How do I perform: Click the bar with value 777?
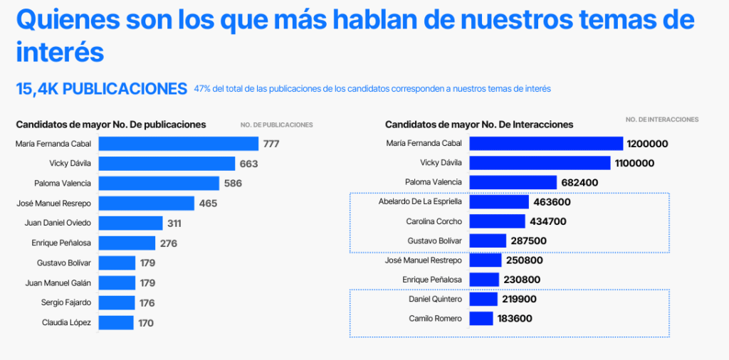[x=178, y=144]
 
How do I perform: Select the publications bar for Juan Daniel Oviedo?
[x=130, y=223]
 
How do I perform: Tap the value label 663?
[x=248, y=164]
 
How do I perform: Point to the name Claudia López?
[x=66, y=323]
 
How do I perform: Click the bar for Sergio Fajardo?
[x=116, y=303]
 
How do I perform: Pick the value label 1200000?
[x=647, y=144]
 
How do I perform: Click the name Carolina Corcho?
[x=434, y=221]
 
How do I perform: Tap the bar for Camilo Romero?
[x=481, y=319]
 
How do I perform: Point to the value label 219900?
[x=519, y=300]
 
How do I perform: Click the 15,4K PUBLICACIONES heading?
[x=101, y=89]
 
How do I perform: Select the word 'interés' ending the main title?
[x=60, y=52]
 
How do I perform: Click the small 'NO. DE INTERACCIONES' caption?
[x=662, y=120]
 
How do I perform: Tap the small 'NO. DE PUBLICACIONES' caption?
[x=276, y=125]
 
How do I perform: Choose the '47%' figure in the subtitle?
[x=202, y=89]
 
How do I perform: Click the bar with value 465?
[x=146, y=203]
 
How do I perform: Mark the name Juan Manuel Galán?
[x=58, y=283]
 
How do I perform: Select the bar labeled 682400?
[x=513, y=182]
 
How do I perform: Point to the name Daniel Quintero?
[x=435, y=299]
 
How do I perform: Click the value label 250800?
[x=527, y=260]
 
